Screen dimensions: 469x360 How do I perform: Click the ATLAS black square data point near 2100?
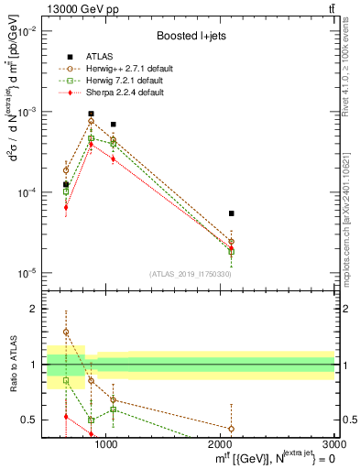(232, 213)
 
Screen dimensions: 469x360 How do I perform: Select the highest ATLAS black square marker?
(91, 115)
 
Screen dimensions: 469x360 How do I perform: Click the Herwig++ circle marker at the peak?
(91, 121)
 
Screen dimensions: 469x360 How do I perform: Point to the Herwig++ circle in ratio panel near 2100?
(232, 428)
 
